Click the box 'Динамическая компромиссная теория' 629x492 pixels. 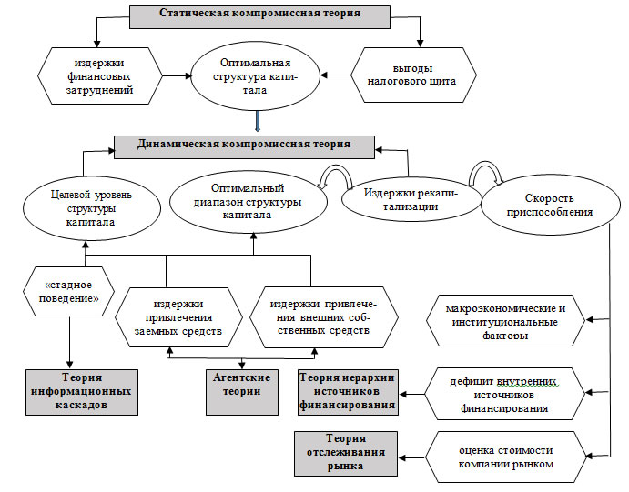(245, 144)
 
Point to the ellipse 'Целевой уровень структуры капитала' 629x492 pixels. (83, 208)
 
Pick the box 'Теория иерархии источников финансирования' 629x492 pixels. (348, 392)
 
